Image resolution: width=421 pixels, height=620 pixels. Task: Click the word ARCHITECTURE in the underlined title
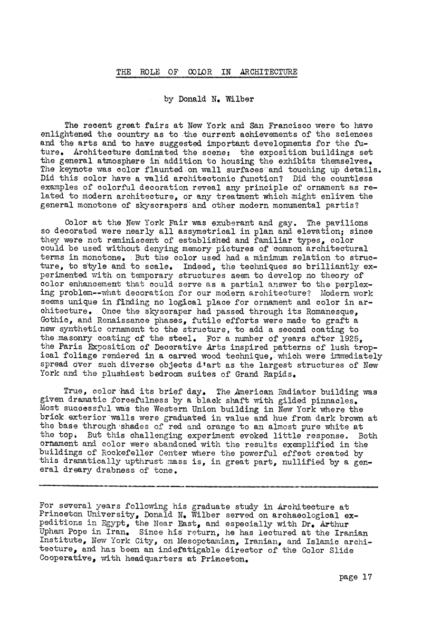point(269,72)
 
